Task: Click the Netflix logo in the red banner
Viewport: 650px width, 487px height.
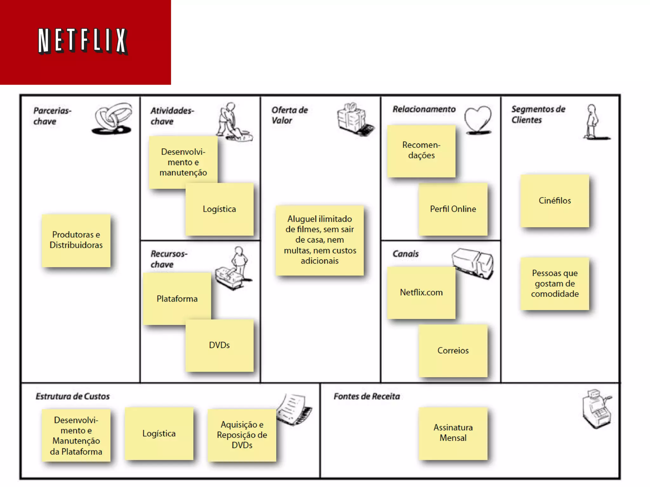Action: (x=83, y=41)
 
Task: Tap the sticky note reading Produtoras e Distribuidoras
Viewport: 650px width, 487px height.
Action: (x=76, y=240)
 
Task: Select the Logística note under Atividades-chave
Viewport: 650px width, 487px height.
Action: (x=220, y=209)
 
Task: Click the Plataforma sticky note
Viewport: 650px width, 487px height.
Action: (x=177, y=298)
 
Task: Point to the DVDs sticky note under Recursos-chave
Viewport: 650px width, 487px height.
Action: (x=220, y=345)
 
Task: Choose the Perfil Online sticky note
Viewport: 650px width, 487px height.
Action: (x=453, y=209)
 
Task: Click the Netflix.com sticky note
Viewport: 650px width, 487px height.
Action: (x=421, y=292)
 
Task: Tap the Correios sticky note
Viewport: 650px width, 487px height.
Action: (x=453, y=351)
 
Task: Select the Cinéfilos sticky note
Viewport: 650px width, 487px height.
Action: (x=554, y=201)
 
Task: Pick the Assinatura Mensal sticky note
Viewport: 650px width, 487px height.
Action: (x=453, y=433)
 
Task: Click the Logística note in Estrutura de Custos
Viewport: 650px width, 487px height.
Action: (x=159, y=434)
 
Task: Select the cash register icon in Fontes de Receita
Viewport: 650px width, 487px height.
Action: (x=597, y=409)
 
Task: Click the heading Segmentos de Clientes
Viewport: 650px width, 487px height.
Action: (x=538, y=114)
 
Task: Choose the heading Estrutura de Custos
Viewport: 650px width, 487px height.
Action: (x=73, y=396)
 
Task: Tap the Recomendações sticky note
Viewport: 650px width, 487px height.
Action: (x=421, y=151)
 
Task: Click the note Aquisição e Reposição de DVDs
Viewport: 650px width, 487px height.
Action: (x=242, y=435)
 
